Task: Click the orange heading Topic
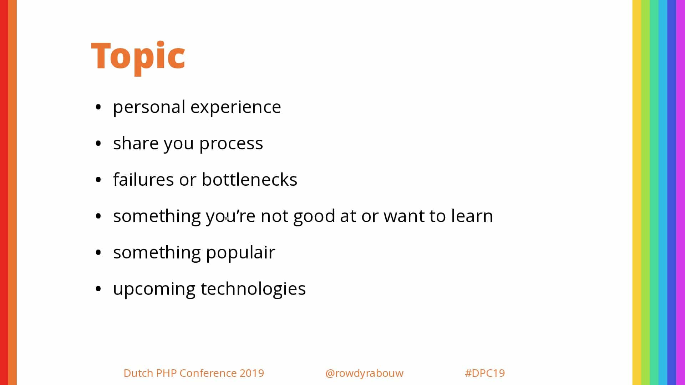[x=138, y=57]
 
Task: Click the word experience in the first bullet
[x=236, y=107]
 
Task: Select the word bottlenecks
[x=249, y=179]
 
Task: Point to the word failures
[x=143, y=179]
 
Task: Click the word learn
[x=472, y=216]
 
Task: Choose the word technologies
[x=253, y=289]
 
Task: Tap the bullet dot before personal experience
[x=98, y=107]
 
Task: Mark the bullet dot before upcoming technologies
[x=98, y=289]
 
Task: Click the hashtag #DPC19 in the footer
[x=485, y=373]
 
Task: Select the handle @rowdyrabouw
[x=364, y=373]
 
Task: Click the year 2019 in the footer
[x=252, y=373]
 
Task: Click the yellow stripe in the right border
[x=637, y=192]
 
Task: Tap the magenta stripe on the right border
[x=681, y=192]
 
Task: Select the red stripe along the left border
[x=4, y=192]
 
